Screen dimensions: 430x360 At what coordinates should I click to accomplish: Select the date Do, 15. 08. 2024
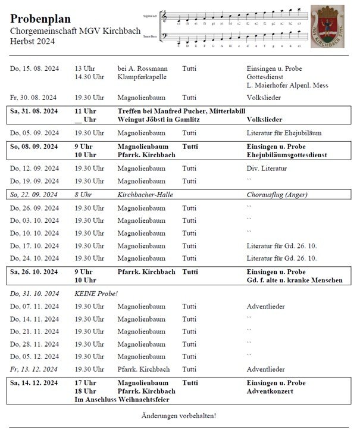[x=34, y=69]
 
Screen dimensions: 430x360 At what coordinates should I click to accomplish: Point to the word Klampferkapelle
[x=142, y=77]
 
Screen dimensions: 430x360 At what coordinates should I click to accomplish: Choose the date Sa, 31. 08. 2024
[x=34, y=111]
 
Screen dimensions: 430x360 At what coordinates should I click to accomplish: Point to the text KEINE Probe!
[x=96, y=294]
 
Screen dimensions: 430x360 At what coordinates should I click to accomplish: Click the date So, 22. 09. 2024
[x=34, y=194]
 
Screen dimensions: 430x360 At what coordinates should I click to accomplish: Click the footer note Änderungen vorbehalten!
[x=179, y=416]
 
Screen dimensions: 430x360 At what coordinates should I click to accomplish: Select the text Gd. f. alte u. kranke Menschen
[x=295, y=280]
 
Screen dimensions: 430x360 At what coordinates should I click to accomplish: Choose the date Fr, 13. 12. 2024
[x=34, y=369]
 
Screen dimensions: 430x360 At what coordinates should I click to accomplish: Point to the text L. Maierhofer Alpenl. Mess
[x=287, y=86]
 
